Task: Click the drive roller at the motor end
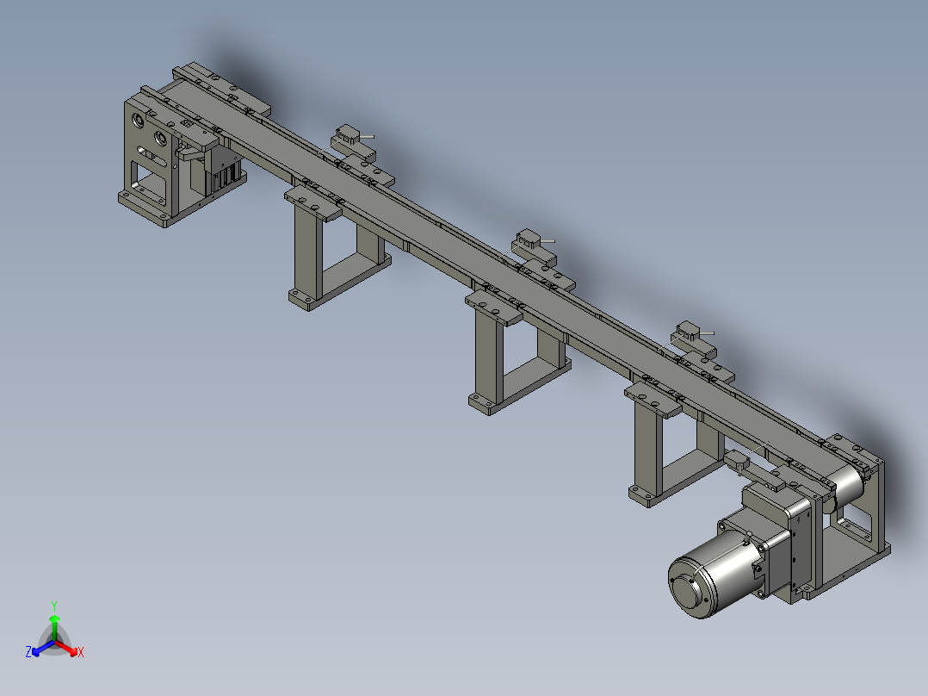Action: [848, 487]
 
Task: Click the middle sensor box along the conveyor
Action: [526, 237]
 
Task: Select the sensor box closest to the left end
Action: [349, 134]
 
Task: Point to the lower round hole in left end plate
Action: [159, 138]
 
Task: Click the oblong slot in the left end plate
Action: [155, 158]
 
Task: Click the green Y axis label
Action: [54, 605]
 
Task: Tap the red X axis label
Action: [81, 653]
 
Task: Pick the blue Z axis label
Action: [28, 653]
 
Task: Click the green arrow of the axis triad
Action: [54, 622]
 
